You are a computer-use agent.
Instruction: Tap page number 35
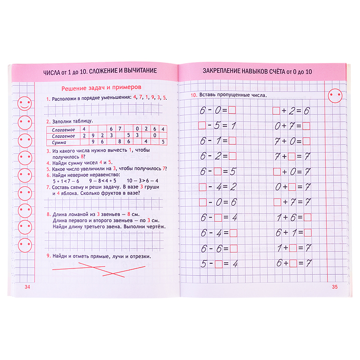334,286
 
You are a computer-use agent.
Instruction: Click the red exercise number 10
193,96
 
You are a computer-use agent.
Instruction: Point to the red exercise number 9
47,257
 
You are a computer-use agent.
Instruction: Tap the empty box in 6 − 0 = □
232,110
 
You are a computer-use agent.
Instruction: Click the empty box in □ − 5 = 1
202,125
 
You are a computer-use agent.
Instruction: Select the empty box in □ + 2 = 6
276,110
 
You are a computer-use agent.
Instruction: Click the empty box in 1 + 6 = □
307,218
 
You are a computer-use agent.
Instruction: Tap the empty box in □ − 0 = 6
202,202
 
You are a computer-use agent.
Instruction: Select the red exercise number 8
47,214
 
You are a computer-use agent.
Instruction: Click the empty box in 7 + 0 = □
307,140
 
